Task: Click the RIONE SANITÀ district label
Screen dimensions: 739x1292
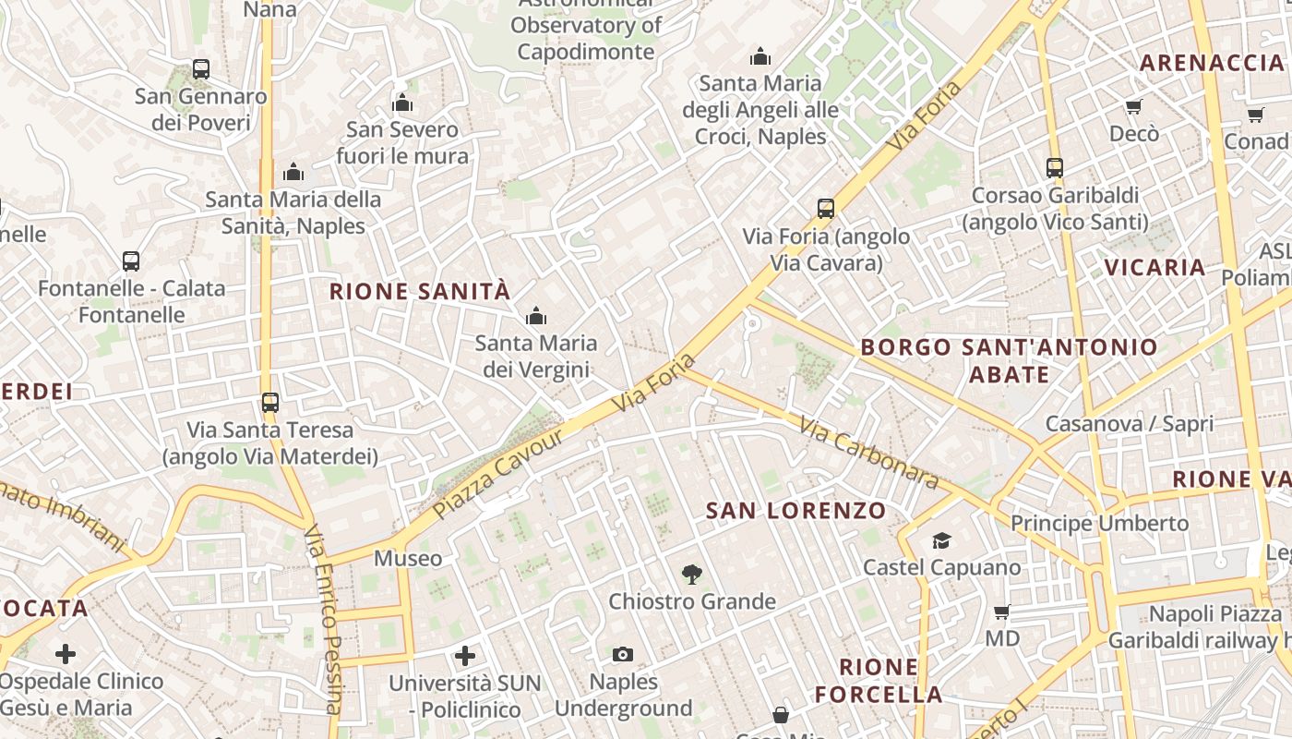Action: (420, 292)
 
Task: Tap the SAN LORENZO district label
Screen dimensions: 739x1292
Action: (796, 510)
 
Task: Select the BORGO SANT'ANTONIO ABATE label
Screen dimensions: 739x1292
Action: (1009, 360)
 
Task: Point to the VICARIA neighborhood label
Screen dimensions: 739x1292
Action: (1155, 268)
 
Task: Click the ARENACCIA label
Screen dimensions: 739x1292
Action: (1212, 63)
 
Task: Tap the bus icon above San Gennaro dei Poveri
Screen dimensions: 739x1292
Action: (201, 68)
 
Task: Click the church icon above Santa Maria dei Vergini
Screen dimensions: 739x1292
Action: (535, 317)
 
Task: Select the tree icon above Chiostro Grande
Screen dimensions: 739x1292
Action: (691, 575)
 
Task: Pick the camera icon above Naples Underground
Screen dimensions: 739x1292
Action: (623, 655)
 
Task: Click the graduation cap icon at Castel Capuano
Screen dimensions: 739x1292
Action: (941, 540)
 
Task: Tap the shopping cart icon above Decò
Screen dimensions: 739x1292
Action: (1134, 107)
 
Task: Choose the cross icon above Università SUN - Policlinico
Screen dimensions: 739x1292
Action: (465, 656)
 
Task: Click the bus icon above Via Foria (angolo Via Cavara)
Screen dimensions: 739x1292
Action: (826, 209)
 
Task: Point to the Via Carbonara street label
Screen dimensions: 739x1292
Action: (868, 453)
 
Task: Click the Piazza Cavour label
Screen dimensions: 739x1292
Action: (497, 473)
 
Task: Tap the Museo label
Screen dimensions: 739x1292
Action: (408, 558)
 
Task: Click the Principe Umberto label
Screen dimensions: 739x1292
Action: (1099, 523)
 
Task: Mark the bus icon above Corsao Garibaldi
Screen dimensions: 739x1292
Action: (1055, 168)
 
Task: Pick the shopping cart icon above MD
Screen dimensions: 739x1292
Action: (1002, 612)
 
